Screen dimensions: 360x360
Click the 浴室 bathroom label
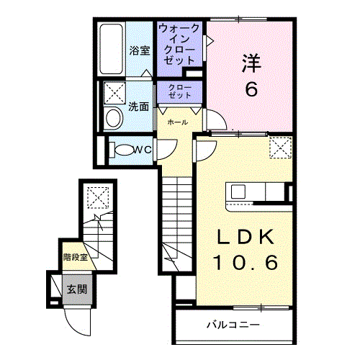coord(140,50)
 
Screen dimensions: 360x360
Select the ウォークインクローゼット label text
coord(180,45)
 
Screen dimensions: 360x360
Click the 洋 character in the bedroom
coord(250,63)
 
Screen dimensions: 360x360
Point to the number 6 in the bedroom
coord(250,89)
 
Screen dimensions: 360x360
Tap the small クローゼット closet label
coord(180,91)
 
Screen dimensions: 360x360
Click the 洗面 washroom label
coord(139,106)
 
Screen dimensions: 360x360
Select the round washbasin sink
coord(114,118)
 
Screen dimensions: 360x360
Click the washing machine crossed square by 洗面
coord(114,93)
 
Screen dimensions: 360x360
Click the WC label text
coord(142,150)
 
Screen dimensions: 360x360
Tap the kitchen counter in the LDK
coord(256,192)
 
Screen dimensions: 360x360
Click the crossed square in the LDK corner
coord(279,148)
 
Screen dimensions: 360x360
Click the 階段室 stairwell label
coord(75,256)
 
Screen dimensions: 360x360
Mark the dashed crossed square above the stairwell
coord(96,196)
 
